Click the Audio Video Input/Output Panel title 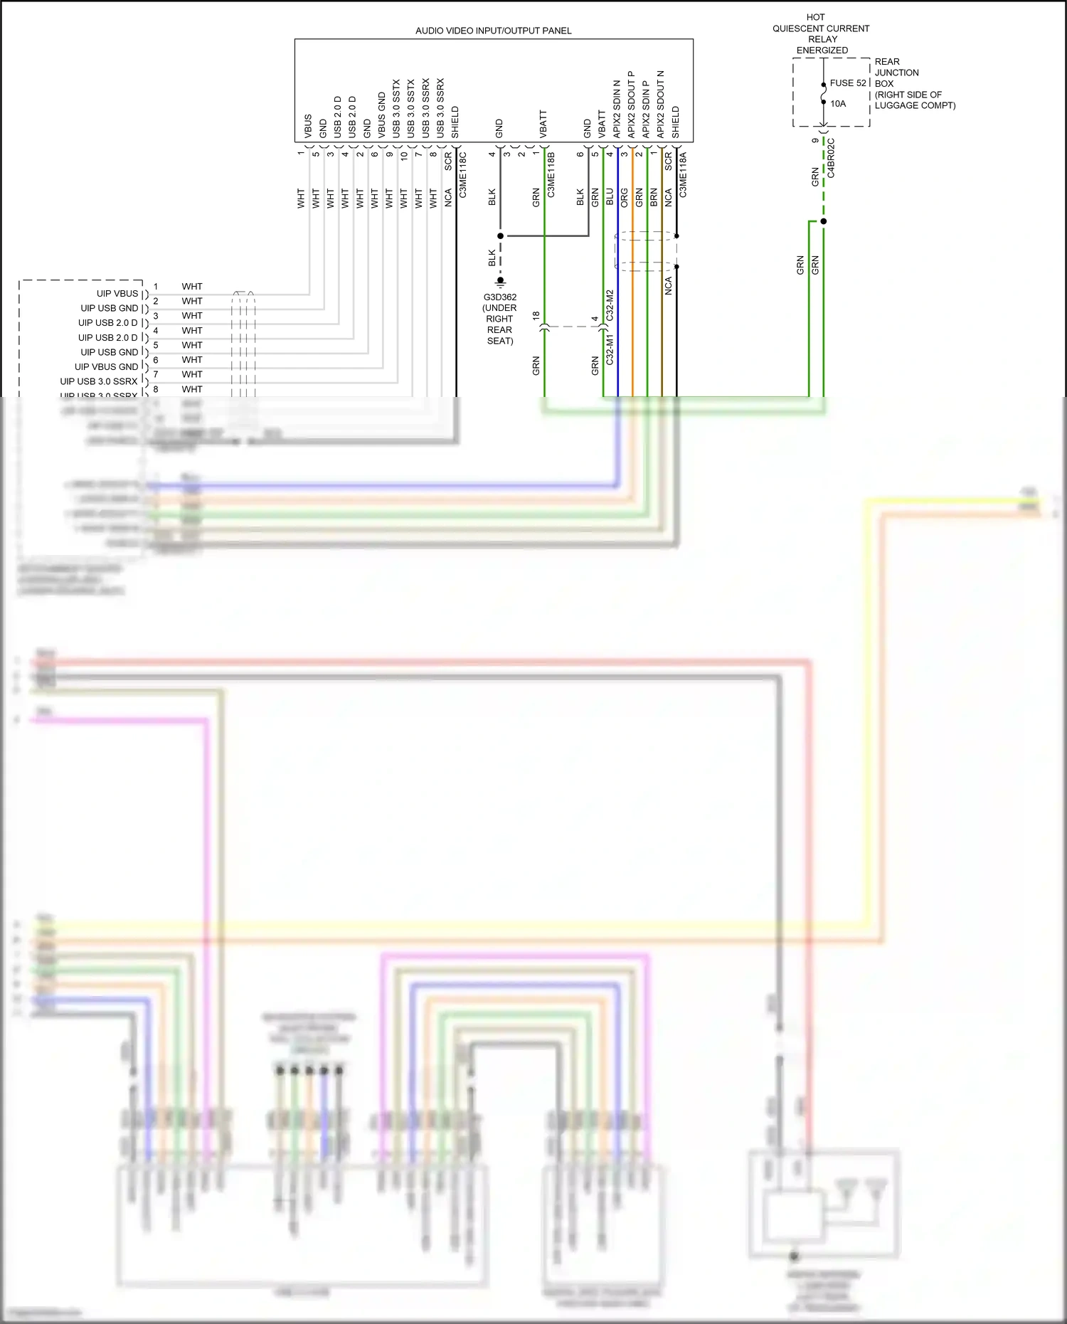[x=493, y=31]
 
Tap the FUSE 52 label [x=848, y=83]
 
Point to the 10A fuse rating [x=838, y=104]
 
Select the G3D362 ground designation [x=499, y=297]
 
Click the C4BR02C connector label [x=831, y=158]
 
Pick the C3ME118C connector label [x=463, y=174]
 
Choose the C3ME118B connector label [x=551, y=174]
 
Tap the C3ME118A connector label [x=683, y=174]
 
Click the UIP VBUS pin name [x=117, y=294]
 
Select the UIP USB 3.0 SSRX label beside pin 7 [x=99, y=381]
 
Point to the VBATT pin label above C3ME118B [x=543, y=124]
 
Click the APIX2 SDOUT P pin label [x=631, y=105]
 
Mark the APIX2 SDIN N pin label [x=617, y=109]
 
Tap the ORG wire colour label [x=625, y=197]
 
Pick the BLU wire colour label [x=610, y=197]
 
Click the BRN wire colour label [x=654, y=197]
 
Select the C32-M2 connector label [x=610, y=305]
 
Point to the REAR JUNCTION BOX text [x=896, y=73]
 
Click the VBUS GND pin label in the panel [x=382, y=115]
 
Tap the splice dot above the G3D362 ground [x=500, y=235]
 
